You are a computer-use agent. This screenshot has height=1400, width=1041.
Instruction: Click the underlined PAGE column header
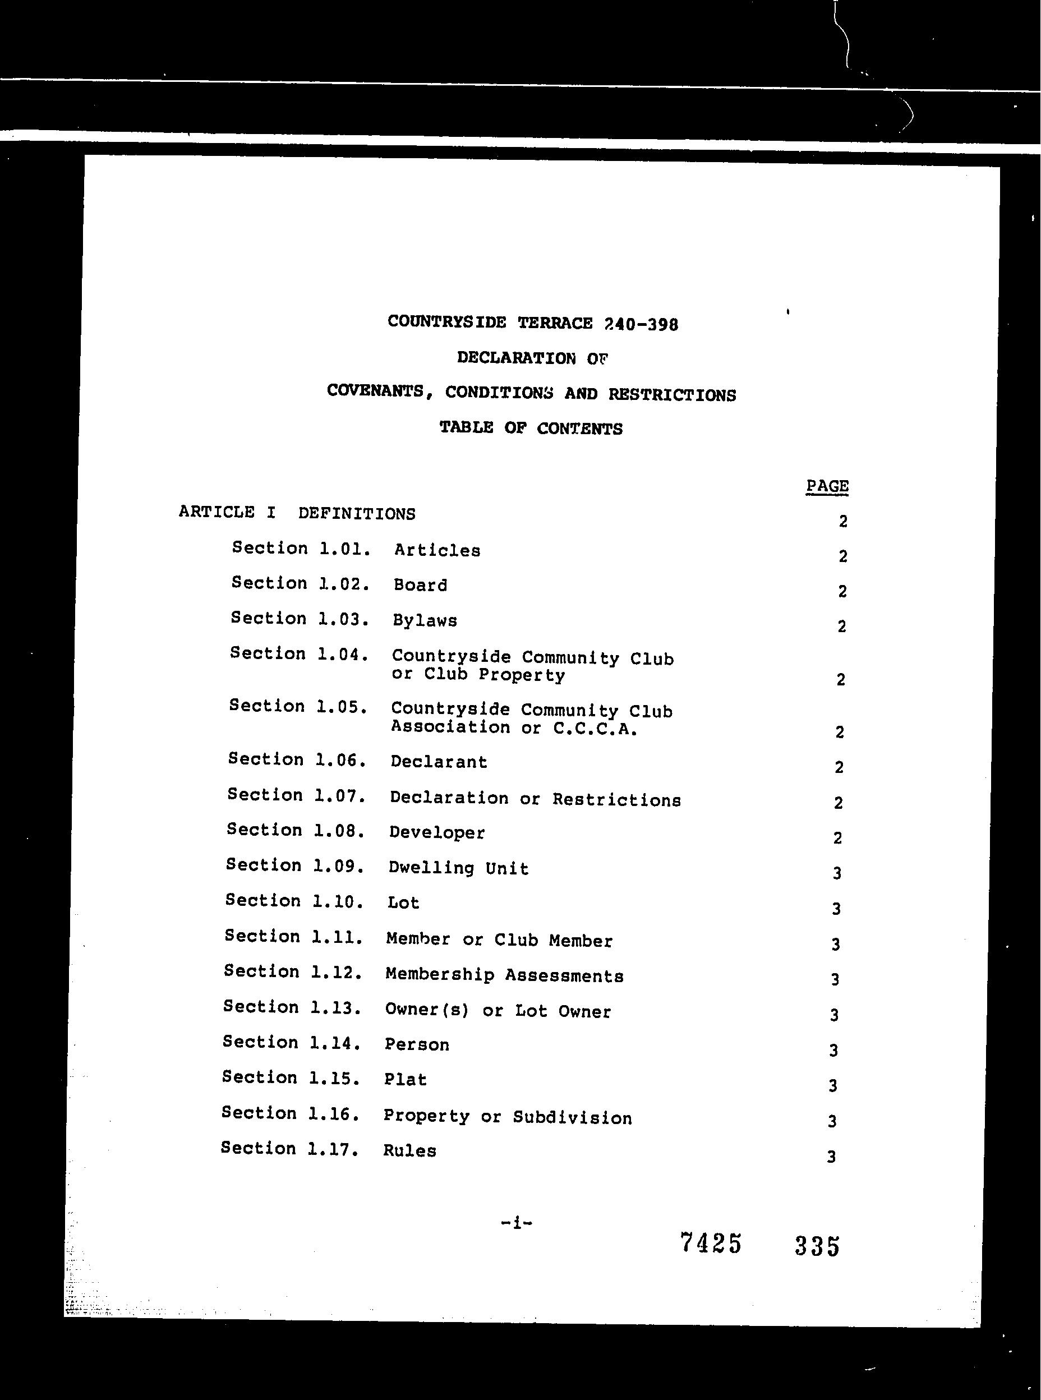[827, 486]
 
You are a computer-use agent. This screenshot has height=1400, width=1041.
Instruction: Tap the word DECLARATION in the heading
[515, 358]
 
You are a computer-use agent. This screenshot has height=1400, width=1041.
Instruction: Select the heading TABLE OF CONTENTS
[531, 429]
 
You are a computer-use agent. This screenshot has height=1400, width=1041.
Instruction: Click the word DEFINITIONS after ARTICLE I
[357, 513]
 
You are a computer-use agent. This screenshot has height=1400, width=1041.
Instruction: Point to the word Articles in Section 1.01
[437, 550]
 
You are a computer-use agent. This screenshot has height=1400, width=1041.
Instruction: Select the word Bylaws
[425, 620]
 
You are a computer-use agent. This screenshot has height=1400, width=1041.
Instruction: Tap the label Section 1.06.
[297, 759]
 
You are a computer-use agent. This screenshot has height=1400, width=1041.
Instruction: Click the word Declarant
[439, 762]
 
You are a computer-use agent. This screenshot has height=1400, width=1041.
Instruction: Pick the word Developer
[437, 832]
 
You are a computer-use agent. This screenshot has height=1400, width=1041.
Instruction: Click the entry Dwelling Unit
[458, 868]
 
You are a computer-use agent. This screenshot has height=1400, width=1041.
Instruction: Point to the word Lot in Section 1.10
[403, 903]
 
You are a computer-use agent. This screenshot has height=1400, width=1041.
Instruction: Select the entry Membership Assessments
[504, 975]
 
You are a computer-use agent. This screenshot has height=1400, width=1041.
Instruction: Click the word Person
[417, 1044]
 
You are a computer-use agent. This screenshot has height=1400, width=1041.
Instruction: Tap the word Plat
[405, 1079]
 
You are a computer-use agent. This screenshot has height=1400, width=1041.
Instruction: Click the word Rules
[409, 1150]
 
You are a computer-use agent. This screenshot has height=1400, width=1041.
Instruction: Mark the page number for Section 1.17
[831, 1156]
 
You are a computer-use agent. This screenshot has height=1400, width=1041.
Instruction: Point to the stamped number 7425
[710, 1243]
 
